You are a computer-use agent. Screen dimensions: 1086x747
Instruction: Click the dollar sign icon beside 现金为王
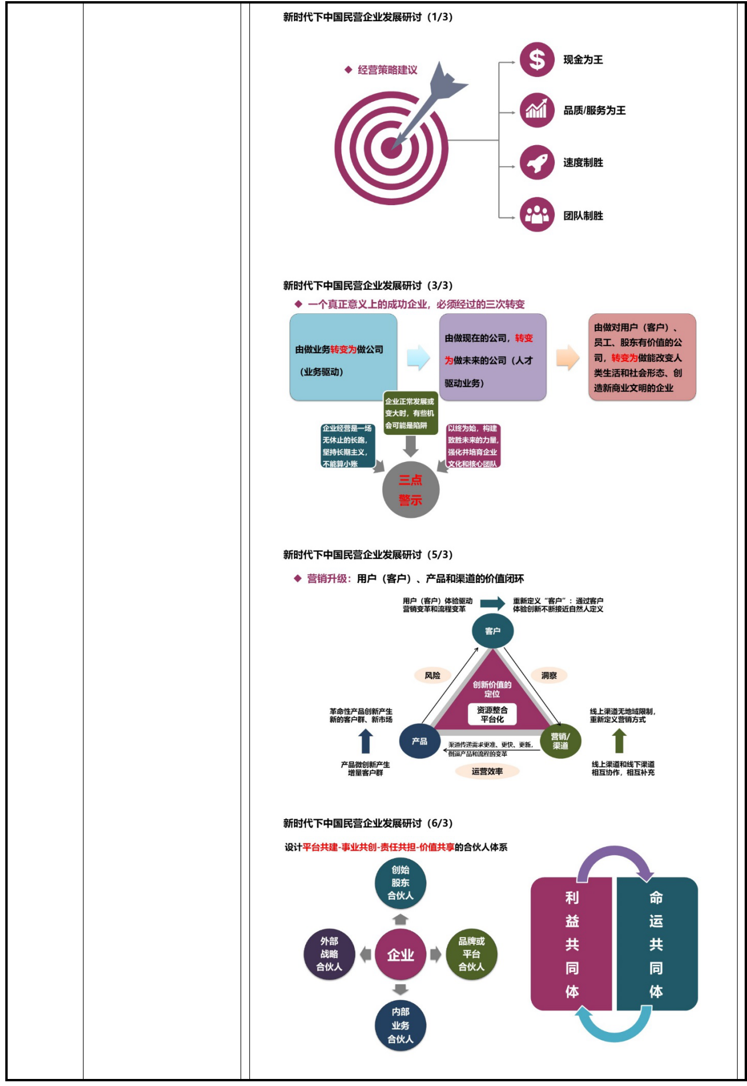pos(536,59)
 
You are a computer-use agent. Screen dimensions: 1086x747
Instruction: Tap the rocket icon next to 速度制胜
pos(536,163)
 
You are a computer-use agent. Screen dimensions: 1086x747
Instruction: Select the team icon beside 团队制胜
pos(536,215)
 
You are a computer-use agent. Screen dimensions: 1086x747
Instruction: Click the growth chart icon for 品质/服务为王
pos(536,110)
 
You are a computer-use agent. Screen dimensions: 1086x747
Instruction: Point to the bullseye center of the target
pos(391,148)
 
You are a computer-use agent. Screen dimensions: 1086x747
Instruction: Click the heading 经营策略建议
pos(387,70)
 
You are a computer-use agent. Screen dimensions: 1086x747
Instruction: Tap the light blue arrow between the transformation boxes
pos(418,357)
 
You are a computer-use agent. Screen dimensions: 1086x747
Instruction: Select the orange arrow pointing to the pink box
pos(568,357)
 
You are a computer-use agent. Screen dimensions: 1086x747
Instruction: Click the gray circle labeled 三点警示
pos(411,490)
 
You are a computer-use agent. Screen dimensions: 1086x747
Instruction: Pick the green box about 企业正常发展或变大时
pos(411,413)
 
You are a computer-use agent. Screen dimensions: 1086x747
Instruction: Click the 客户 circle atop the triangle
pos(493,631)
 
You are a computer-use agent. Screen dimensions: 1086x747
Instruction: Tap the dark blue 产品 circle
pos(419,741)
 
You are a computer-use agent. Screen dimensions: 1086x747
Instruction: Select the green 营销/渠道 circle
pos(560,741)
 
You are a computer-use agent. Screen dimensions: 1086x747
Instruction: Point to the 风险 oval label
pos(432,675)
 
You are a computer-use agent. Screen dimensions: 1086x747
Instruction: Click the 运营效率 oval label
pos(487,771)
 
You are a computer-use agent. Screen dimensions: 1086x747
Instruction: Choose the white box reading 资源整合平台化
pos(492,714)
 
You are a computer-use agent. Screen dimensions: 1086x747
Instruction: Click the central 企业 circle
pos(401,954)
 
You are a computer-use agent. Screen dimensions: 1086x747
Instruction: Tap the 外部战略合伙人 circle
pos(329,954)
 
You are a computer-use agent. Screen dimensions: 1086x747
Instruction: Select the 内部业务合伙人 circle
pos(401,1025)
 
